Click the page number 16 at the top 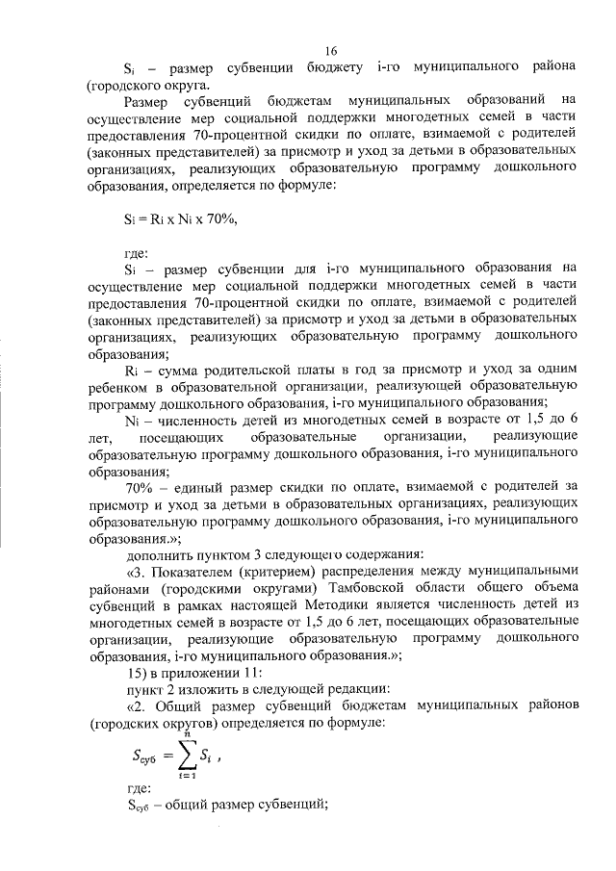pyautogui.click(x=332, y=51)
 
